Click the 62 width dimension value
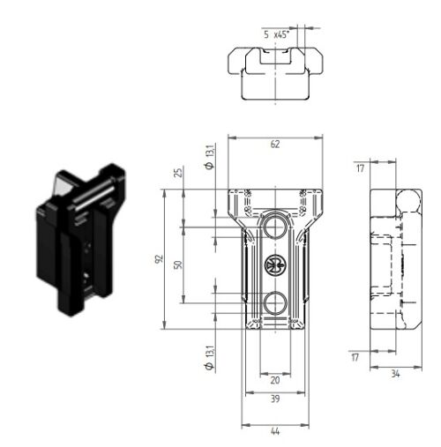point(275,145)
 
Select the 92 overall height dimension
point(159,259)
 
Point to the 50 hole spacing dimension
point(178,264)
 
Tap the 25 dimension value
point(178,172)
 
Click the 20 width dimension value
point(275,380)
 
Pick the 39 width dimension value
point(275,399)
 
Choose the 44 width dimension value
point(275,431)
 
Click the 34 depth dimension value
point(395,374)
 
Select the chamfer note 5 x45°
point(276,34)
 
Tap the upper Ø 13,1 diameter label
point(210,157)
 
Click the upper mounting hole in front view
point(275,227)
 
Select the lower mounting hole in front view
point(275,302)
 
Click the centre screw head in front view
point(275,264)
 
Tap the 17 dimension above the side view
point(361,168)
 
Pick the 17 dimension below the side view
point(355,357)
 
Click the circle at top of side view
point(408,200)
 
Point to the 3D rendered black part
point(80,240)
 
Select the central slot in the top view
point(275,56)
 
